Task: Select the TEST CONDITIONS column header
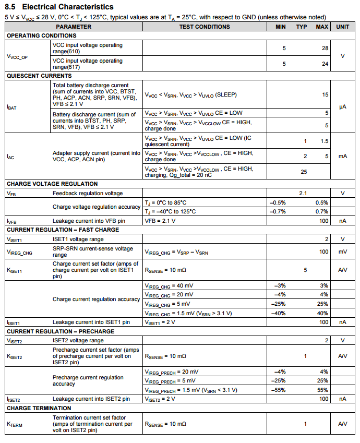(x=204, y=26)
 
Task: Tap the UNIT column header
(x=343, y=26)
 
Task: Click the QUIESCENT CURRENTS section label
(x=39, y=76)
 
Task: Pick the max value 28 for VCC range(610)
(x=325, y=48)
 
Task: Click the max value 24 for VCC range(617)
(x=325, y=64)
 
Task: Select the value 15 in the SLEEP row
(x=325, y=94)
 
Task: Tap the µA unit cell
(x=343, y=106)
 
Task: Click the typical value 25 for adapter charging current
(x=304, y=171)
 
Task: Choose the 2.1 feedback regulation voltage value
(x=303, y=193)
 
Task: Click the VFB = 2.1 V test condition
(x=161, y=221)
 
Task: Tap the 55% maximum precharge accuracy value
(x=322, y=390)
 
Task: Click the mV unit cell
(x=343, y=252)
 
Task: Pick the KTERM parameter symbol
(x=14, y=425)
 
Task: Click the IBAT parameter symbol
(x=11, y=107)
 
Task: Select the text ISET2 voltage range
(x=78, y=340)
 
